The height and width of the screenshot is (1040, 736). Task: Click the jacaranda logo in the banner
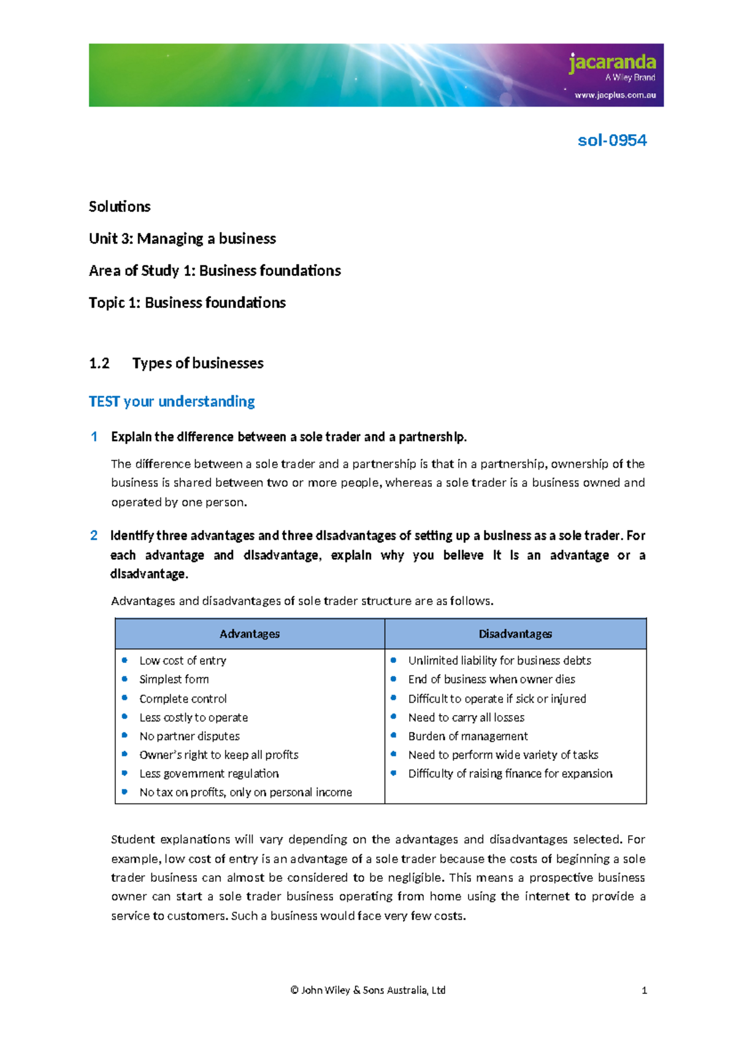[x=611, y=63]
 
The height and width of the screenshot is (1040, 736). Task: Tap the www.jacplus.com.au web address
[x=615, y=95]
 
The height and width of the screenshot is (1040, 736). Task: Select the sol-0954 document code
[x=611, y=140]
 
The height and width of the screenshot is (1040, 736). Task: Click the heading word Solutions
[x=120, y=207]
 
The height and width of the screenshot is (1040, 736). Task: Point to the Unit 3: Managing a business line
[x=182, y=239]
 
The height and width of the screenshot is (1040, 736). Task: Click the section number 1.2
[x=99, y=363]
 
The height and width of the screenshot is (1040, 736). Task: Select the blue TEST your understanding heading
[x=172, y=402]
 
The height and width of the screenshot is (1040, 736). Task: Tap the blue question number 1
[x=94, y=437]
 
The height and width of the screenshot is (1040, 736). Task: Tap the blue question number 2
[x=94, y=535]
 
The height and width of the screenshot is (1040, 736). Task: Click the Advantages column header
[x=250, y=634]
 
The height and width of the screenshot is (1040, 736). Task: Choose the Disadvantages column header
[x=515, y=634]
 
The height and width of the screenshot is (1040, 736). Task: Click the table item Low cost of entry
[x=183, y=660]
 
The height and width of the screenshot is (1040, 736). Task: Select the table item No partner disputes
[x=190, y=736]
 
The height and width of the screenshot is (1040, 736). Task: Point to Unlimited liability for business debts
[x=499, y=660]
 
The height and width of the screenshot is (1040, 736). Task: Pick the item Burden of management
[x=468, y=736]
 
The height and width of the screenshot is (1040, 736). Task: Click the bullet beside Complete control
[x=125, y=698]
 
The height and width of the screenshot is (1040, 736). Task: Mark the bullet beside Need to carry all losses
[x=394, y=716]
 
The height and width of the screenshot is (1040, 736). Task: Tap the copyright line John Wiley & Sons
[x=368, y=990]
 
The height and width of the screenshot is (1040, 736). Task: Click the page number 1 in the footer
[x=644, y=990]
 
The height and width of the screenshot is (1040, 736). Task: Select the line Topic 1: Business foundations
[x=187, y=303]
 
